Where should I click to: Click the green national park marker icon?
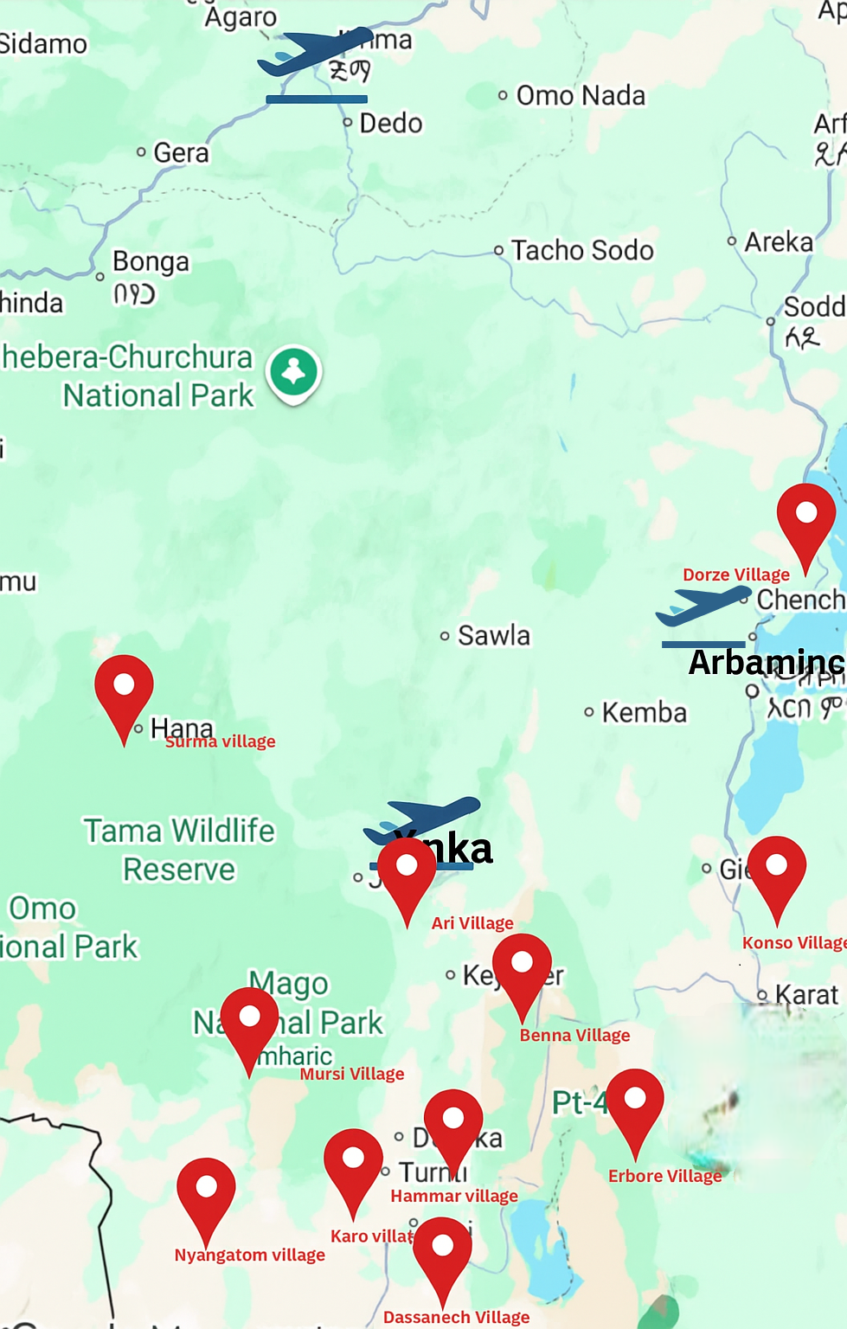click(x=294, y=372)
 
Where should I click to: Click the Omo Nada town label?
click(x=580, y=95)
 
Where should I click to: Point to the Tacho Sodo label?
click(x=581, y=250)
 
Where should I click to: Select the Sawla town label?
click(x=492, y=636)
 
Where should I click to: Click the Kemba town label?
click(x=644, y=712)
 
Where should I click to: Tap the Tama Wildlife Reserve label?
click(x=179, y=850)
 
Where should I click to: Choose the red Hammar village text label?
click(x=454, y=1196)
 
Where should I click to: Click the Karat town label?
click(x=806, y=995)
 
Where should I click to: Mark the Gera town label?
click(x=180, y=153)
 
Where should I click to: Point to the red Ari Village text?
click(x=472, y=923)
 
